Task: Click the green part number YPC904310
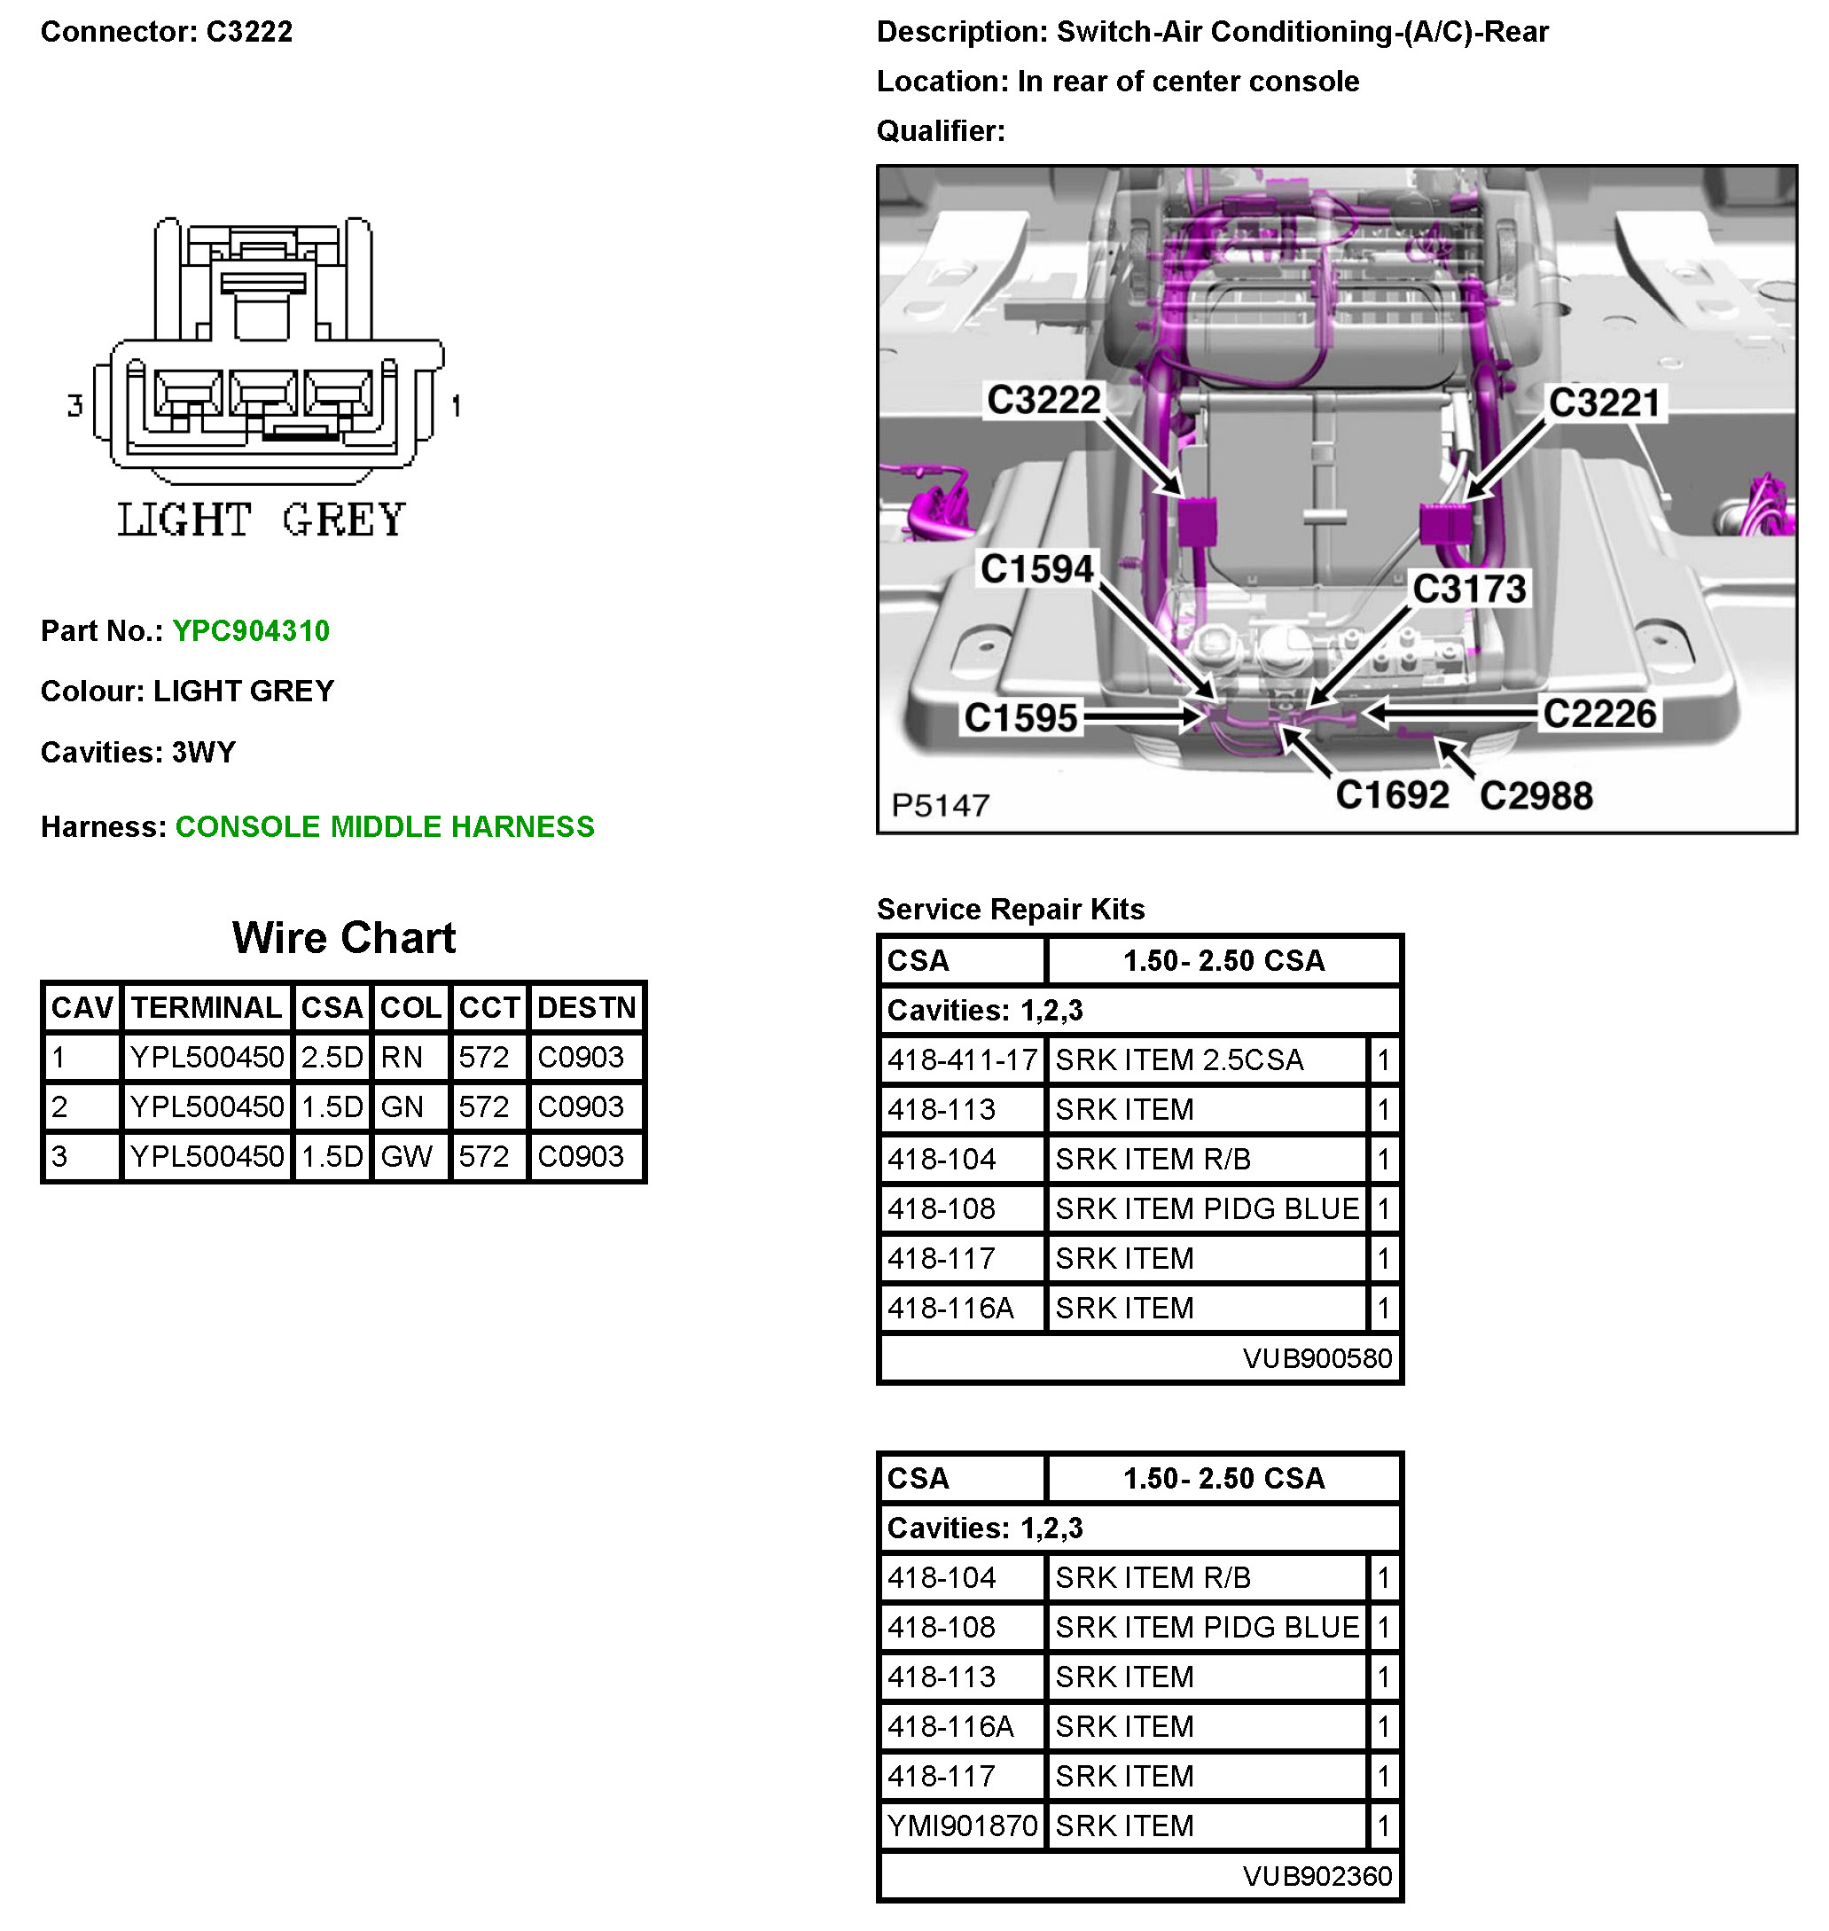click(251, 630)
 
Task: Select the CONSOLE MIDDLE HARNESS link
click(384, 826)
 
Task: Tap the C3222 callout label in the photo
click(1043, 400)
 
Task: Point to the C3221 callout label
click(1604, 403)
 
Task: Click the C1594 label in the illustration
click(1037, 569)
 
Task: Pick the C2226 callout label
click(1598, 714)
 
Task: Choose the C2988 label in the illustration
click(1536, 795)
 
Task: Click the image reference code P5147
click(940, 805)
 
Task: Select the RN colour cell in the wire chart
click(402, 1057)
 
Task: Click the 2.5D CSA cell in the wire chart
click(332, 1057)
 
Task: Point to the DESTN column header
click(586, 1007)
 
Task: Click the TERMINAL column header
click(206, 1007)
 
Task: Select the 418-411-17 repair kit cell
click(961, 1059)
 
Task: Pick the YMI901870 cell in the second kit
click(961, 1825)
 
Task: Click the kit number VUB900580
click(1317, 1358)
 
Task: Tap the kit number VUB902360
click(1317, 1875)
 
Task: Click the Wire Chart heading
click(343, 938)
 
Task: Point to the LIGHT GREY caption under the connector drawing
click(262, 520)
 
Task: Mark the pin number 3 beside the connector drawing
click(75, 405)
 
